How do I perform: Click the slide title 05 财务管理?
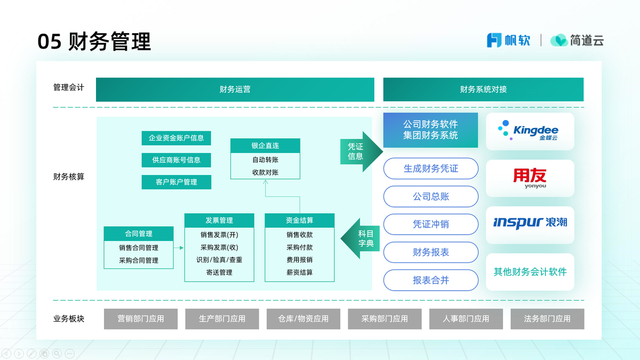click(x=94, y=42)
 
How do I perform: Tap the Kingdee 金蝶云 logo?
click(x=530, y=131)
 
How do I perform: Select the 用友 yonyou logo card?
click(x=530, y=178)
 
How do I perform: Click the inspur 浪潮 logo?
click(x=530, y=222)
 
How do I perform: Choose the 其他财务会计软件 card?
click(x=530, y=272)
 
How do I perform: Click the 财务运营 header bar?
click(x=235, y=90)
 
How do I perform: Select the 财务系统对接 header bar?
click(x=483, y=90)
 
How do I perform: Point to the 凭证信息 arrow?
click(x=358, y=151)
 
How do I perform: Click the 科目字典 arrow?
click(x=363, y=238)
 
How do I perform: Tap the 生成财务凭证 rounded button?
click(x=431, y=169)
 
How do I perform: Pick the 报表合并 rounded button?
click(x=431, y=280)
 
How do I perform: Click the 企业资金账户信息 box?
click(x=176, y=138)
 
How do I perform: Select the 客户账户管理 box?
click(x=176, y=182)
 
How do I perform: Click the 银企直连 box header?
click(x=265, y=146)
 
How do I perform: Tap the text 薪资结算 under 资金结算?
click(x=299, y=273)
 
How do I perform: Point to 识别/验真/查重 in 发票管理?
click(x=219, y=260)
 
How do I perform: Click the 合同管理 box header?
click(x=139, y=234)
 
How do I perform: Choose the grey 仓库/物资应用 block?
click(x=303, y=319)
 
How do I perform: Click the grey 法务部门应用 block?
click(x=547, y=319)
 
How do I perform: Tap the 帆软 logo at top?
click(x=508, y=41)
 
